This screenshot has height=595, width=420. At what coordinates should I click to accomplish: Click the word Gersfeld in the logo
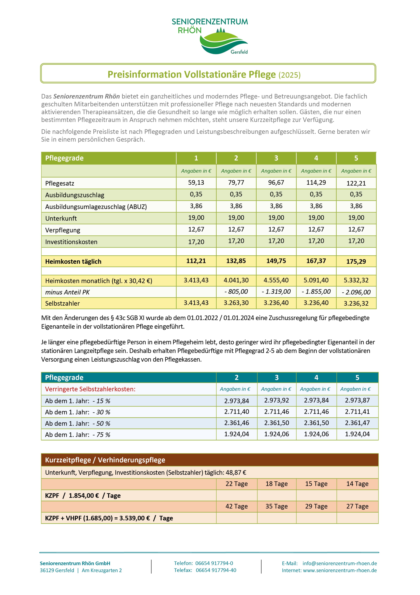tap(239, 52)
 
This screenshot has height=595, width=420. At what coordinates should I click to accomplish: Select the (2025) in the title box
tap(289, 75)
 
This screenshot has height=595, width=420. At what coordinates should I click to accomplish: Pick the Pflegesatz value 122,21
tap(356, 183)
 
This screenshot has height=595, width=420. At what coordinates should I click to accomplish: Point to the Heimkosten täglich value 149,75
tap(276, 261)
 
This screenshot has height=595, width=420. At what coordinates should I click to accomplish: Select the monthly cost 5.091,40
tap(316, 280)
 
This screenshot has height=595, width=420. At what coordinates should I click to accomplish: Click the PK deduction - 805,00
tap(236, 292)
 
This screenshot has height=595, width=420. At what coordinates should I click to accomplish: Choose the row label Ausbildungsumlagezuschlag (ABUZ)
tap(96, 207)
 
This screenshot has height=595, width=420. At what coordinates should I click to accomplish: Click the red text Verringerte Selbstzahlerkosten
tap(90, 389)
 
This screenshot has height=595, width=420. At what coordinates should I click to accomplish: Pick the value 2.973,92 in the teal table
tap(276, 400)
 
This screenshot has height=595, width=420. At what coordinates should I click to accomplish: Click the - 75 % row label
tap(77, 435)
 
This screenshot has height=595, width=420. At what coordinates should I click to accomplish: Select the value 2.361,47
tap(357, 423)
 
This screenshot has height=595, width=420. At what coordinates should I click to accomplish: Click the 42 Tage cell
tap(236, 506)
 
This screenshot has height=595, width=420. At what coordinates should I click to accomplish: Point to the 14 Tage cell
tap(357, 484)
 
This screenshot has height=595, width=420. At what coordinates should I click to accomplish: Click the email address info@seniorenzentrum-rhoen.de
tap(340, 563)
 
